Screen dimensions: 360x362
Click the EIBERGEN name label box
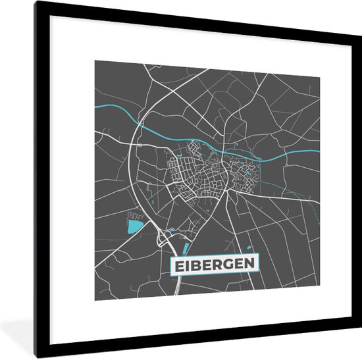(215, 265)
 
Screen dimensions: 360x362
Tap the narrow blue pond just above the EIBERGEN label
(186, 249)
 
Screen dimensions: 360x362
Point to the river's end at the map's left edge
(95, 107)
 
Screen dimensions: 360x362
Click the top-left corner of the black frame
(37, 2)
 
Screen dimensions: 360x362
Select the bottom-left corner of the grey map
(95, 300)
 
